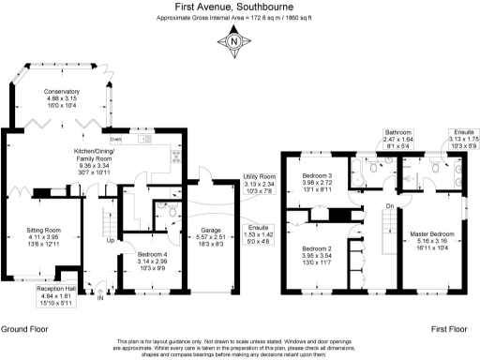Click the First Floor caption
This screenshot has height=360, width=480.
coord(449,330)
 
